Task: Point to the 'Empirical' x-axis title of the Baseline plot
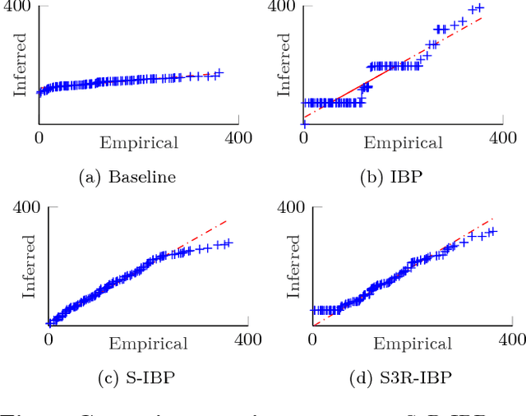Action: tap(139, 143)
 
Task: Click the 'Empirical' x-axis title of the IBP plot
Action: tap(404, 143)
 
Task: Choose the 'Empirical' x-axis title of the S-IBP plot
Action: tap(148, 344)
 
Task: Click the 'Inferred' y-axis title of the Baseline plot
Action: tap(21, 64)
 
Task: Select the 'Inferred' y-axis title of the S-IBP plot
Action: tap(30, 266)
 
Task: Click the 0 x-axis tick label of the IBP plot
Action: tap(303, 137)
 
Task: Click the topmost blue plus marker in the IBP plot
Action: tap(480, 8)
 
